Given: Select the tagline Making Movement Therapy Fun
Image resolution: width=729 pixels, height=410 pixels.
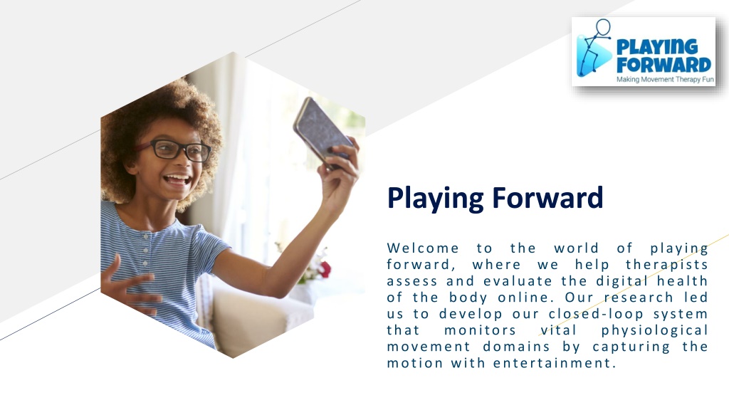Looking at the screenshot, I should [x=665, y=79].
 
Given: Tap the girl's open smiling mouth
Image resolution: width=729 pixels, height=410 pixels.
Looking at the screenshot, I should [x=177, y=179].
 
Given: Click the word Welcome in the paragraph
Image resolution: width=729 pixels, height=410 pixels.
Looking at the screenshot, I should [x=423, y=248].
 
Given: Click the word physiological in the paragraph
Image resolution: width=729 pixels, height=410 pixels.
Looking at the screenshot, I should [x=654, y=330].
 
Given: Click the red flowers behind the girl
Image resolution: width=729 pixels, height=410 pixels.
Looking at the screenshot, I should [x=324, y=269].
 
